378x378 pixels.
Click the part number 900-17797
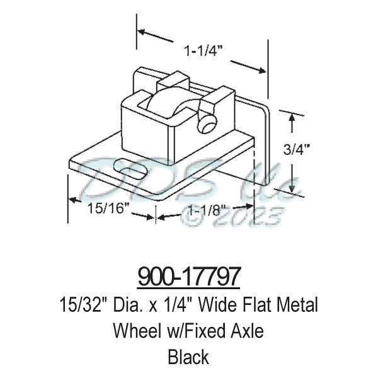(x=189, y=277)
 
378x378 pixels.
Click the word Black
(x=188, y=357)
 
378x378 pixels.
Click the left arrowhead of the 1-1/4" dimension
(x=141, y=30)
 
